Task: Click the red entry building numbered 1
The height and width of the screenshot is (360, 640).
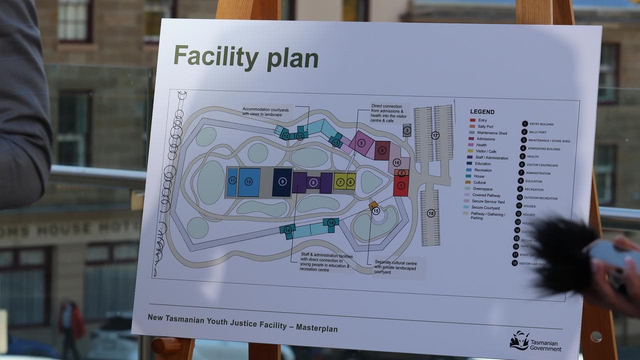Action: (400, 186)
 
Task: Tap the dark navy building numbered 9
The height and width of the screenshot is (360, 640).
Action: (282, 182)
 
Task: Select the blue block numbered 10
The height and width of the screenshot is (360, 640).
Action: (248, 182)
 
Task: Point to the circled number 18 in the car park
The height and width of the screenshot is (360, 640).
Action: (431, 213)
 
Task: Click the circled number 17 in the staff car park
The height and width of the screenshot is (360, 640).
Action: (435, 135)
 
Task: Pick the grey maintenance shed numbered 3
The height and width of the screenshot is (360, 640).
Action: (407, 130)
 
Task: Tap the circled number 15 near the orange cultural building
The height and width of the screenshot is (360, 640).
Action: (376, 211)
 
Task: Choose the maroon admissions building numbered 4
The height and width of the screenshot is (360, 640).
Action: (382, 150)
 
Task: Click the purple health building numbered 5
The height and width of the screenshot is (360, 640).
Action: (361, 143)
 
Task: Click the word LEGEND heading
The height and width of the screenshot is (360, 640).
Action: (482, 112)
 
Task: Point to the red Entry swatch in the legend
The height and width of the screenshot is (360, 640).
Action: (472, 120)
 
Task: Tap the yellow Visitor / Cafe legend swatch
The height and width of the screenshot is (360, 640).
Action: (470, 151)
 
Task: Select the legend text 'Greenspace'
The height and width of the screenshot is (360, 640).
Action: (483, 188)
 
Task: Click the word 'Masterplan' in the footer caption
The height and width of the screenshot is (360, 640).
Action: (316, 328)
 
